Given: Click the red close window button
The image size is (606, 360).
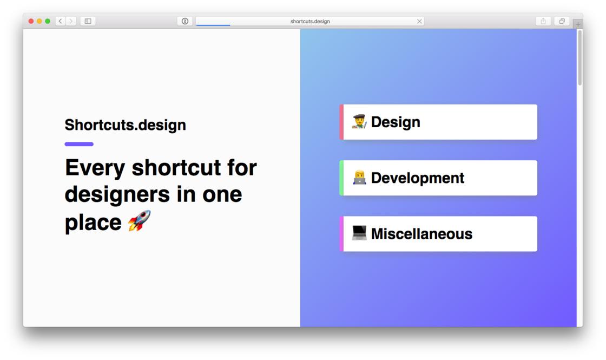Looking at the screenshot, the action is [31, 21].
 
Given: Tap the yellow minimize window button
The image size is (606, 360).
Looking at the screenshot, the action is [39, 21].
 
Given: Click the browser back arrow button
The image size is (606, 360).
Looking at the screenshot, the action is [60, 21].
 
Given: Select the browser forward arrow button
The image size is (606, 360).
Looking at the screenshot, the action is [71, 21].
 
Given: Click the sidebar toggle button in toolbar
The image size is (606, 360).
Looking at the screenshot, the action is [88, 21].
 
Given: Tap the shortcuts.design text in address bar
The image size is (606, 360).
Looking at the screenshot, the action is [310, 22].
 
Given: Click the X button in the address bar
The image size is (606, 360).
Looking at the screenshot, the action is [419, 21].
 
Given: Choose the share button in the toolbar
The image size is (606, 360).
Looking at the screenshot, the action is [543, 21].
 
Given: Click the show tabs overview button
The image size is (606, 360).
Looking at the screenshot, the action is [562, 21].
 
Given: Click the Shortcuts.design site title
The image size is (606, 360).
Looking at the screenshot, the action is [125, 125].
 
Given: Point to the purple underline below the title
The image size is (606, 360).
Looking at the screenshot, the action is [79, 144].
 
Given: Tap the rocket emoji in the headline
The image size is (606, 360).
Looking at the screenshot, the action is [139, 221].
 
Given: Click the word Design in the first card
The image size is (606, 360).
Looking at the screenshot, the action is [396, 122].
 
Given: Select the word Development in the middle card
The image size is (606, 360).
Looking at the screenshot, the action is [417, 178].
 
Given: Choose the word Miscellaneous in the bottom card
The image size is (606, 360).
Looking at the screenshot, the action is [421, 234].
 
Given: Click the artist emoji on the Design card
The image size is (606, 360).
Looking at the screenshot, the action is [359, 122].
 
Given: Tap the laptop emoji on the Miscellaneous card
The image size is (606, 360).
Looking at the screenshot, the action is [359, 233].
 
